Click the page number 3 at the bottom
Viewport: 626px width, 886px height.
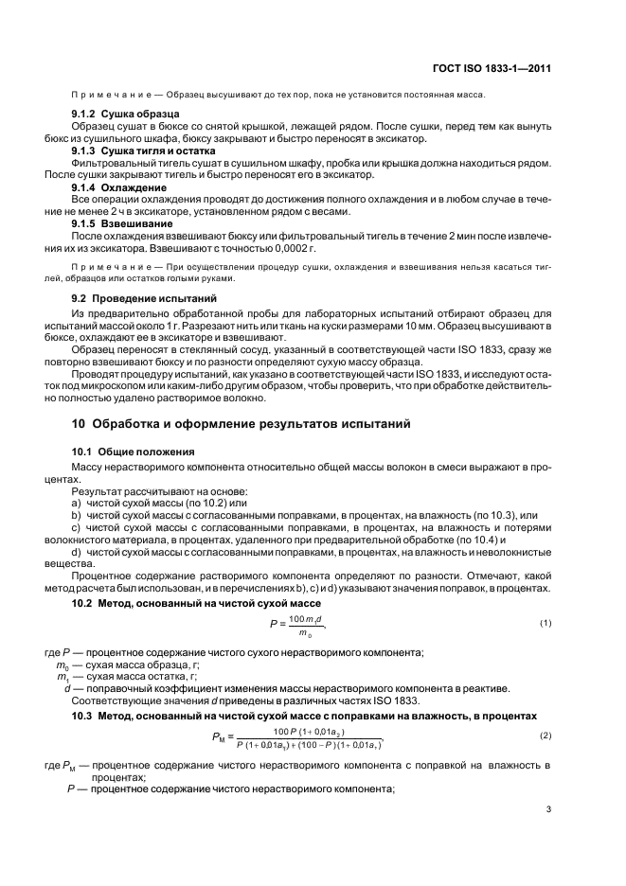tap(549, 808)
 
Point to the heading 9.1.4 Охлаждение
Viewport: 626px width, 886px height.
tap(113, 187)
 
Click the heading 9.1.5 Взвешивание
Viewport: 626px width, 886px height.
tap(115, 223)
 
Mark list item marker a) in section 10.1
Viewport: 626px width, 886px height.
tap(76, 504)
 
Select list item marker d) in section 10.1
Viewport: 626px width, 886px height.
tap(76, 551)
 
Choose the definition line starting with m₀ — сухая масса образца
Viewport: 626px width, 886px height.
tap(133, 666)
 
